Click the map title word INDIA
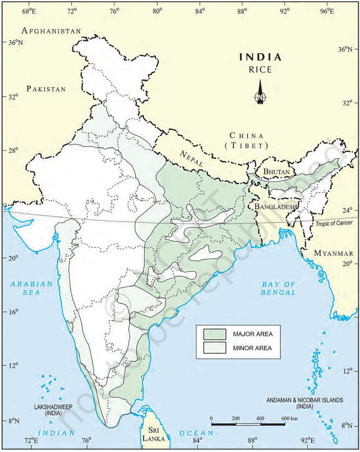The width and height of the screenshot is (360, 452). click(260, 57)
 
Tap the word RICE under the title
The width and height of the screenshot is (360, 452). click(260, 70)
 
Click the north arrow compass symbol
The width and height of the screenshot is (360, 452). click(260, 93)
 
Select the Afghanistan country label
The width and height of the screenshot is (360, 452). click(51, 31)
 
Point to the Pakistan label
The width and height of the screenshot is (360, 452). click(47, 89)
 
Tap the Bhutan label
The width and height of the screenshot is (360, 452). click(277, 171)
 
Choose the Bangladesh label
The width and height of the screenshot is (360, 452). click(276, 207)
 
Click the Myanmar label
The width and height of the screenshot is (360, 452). click(334, 253)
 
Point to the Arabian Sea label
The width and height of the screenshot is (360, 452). click(32, 288)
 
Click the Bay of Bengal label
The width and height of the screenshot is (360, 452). click(278, 288)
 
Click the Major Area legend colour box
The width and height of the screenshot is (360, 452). click(214, 334)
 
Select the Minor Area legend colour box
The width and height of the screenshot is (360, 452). click(214, 348)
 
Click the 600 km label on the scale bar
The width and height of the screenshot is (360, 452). click(289, 419)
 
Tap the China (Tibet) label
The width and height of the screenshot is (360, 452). click(247, 140)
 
